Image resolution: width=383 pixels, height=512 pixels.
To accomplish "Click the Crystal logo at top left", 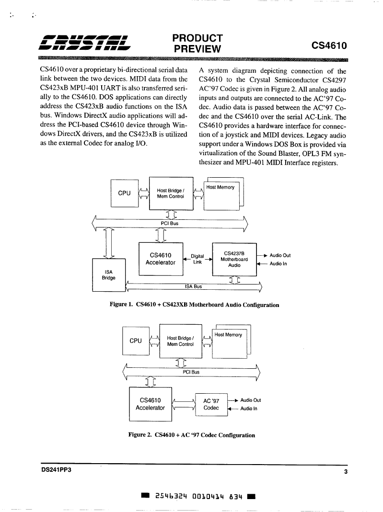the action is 85,43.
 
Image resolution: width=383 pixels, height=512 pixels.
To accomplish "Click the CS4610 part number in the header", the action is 329,46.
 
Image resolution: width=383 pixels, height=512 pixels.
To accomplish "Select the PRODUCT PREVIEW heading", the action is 197,44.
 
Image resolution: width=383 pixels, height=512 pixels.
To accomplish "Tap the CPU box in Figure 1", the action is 125,193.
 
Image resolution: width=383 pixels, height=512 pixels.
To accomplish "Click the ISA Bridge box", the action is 109,275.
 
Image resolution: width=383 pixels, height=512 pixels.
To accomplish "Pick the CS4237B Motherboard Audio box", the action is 234,259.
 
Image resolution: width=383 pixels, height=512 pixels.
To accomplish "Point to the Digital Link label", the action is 197,259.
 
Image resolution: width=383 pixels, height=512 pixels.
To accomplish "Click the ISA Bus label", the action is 194,286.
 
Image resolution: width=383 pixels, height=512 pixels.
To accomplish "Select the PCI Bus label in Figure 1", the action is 170,223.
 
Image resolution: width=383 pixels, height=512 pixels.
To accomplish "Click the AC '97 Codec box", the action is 211,405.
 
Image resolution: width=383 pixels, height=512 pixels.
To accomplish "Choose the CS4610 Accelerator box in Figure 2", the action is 151,404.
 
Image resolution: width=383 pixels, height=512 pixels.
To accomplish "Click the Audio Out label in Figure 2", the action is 251,400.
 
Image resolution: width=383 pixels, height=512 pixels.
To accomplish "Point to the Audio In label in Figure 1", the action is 278,263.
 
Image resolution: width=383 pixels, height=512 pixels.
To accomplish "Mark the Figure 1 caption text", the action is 195,305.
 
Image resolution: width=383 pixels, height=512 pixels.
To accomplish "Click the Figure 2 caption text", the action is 192,435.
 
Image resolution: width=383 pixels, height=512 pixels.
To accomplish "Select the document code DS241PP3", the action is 56,470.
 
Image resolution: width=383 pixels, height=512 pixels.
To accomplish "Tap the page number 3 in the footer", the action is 346,471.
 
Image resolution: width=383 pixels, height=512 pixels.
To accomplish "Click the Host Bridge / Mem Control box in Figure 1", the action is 171,193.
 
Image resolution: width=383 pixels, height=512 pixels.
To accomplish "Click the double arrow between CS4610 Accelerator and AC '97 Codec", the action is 183,405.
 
